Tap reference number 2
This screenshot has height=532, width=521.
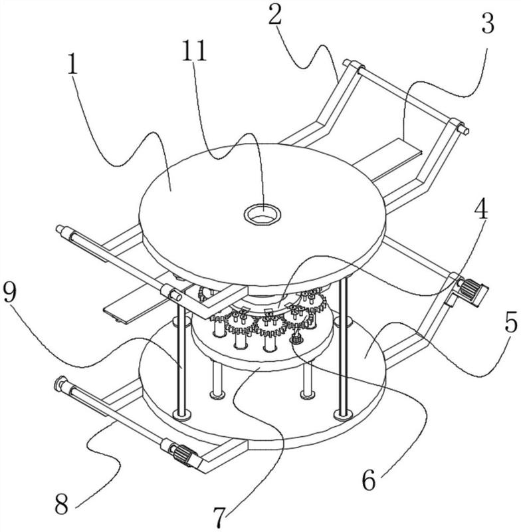(274, 15)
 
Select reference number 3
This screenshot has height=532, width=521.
(488, 24)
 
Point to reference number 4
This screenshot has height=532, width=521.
(480, 208)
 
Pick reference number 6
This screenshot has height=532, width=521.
(369, 479)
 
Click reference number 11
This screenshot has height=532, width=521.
(194, 51)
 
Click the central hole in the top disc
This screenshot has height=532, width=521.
(263, 214)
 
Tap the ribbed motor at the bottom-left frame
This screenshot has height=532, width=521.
(185, 455)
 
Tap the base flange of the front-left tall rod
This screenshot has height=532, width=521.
(182, 414)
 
